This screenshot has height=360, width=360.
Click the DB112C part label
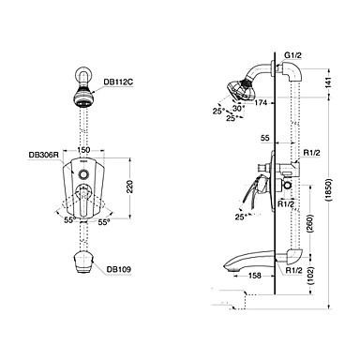118,82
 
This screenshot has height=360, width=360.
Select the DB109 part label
118,269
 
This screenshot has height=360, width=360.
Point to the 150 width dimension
83,150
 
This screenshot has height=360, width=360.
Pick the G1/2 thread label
292,55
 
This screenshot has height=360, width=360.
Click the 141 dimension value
328,82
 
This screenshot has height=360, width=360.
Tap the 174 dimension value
261,102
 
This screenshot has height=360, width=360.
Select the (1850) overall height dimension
329,191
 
